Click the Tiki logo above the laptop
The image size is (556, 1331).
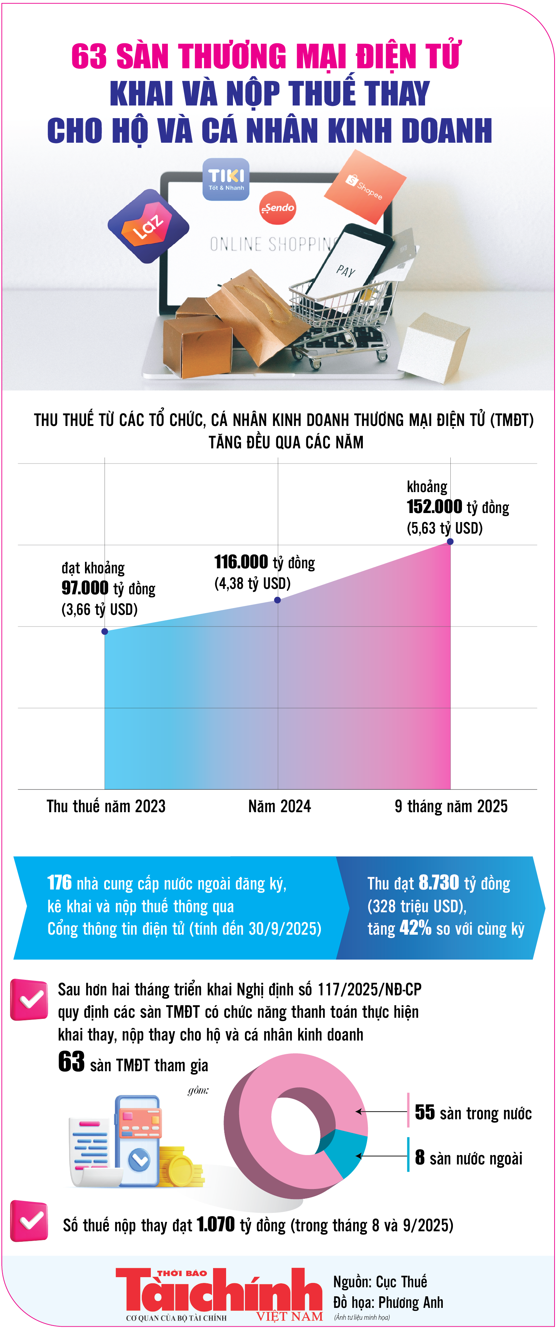225,179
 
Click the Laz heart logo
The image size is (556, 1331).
148,226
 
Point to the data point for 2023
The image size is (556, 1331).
105,632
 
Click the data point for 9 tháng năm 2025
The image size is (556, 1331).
450,542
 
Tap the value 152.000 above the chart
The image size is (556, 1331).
434,507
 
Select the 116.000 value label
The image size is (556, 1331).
241,562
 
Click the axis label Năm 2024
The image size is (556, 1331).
279,806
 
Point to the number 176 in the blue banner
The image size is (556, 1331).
59,883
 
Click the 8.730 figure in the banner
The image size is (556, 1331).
438,883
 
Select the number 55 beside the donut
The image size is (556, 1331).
425,1112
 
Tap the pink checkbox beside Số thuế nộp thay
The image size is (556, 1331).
29,1220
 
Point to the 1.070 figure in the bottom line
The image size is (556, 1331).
216,1224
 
